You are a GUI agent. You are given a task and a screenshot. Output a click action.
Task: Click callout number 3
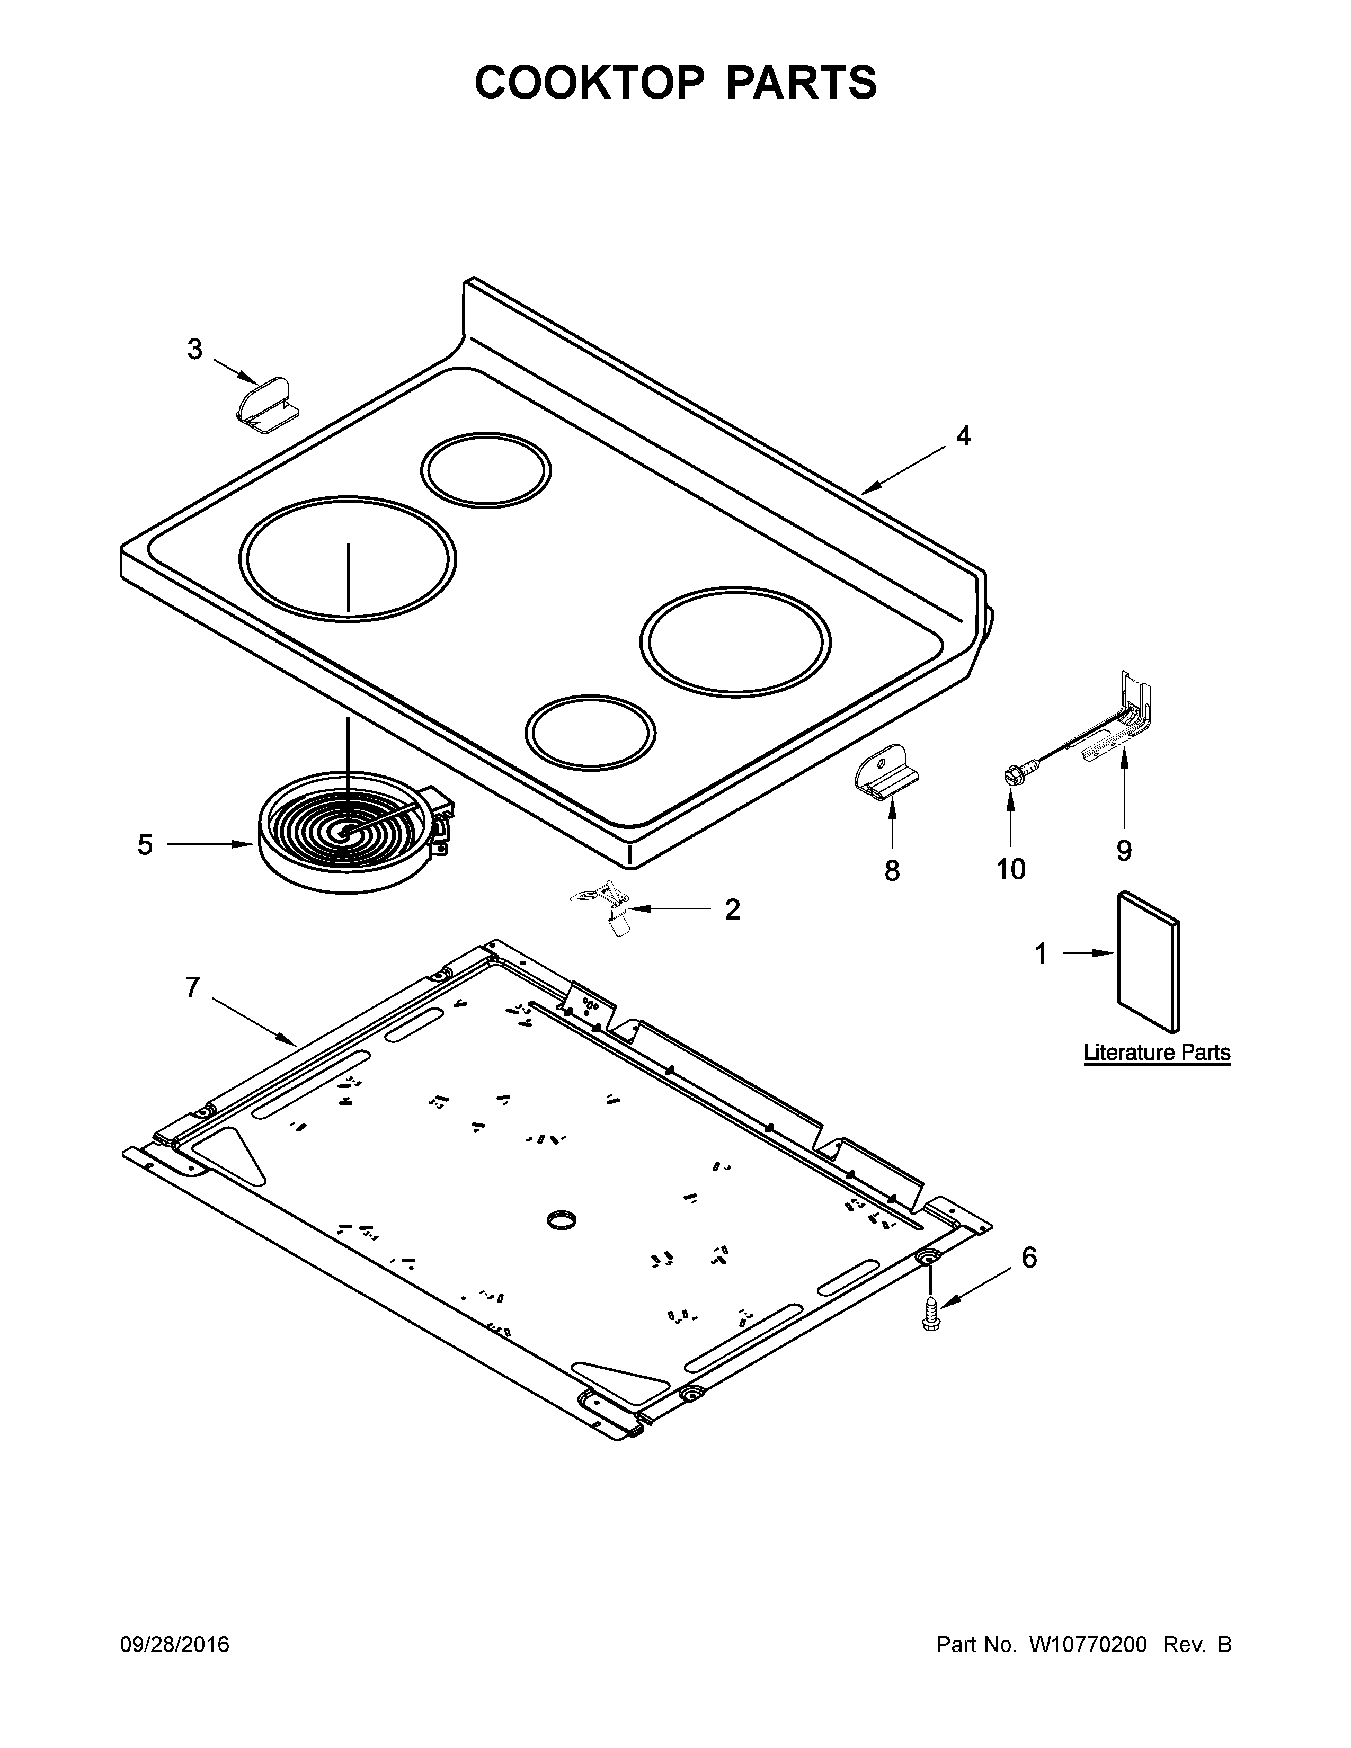pos(194,350)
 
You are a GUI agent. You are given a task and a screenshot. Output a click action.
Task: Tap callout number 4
pos(964,436)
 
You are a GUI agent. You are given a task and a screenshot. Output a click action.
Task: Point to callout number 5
pos(145,844)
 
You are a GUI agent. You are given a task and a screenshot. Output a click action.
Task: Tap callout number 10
pos(1011,869)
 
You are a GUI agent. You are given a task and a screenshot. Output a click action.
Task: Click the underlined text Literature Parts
pos(1157,1053)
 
